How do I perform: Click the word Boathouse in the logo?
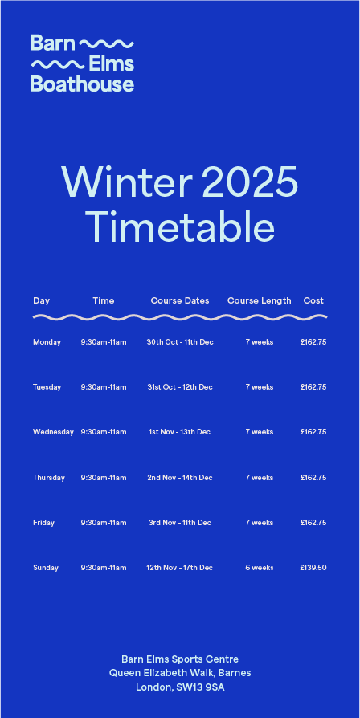(83, 84)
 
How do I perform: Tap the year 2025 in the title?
(250, 182)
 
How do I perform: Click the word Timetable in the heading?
(180, 227)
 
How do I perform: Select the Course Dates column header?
(180, 301)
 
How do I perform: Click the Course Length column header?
(260, 301)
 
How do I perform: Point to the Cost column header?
(313, 301)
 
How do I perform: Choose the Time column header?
(104, 301)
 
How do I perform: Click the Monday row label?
(47, 342)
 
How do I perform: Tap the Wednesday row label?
(53, 432)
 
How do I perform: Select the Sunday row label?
(46, 568)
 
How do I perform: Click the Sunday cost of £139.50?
(313, 568)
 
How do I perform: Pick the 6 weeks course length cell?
(260, 568)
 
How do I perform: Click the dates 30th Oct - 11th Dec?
(180, 342)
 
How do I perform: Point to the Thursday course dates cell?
(180, 478)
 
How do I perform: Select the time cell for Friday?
(104, 523)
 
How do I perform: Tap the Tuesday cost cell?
(313, 387)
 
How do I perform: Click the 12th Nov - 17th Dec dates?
(180, 568)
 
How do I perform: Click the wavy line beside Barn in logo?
(107, 44)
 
